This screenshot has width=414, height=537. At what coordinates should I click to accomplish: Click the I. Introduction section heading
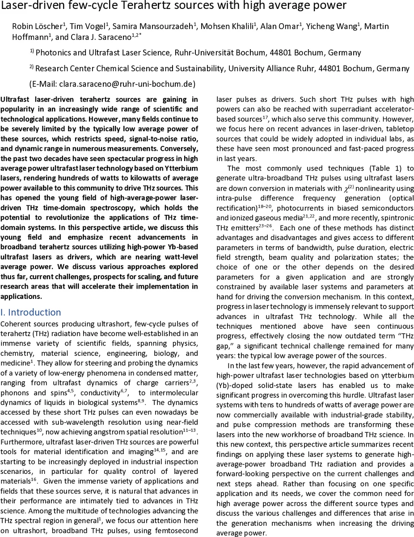click(x=30, y=312)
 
